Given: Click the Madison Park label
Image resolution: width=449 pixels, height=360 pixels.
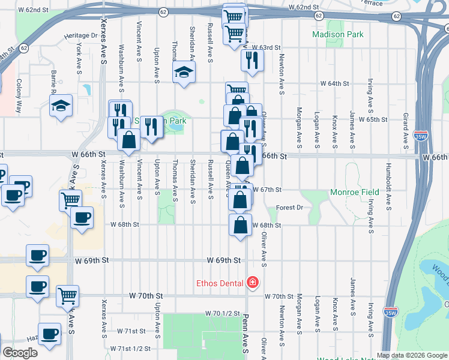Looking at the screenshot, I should [338, 34].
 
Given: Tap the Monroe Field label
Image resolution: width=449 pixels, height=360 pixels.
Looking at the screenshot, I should [355, 192].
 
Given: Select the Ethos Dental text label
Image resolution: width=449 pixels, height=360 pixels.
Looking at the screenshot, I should [218, 283].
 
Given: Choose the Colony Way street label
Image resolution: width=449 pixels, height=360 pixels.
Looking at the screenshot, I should [19, 96].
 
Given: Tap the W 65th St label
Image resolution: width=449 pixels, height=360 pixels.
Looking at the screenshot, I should [373, 119].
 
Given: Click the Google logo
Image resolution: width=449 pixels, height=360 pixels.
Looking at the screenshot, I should [20, 352].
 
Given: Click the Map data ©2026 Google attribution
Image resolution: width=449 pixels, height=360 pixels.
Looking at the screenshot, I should [411, 355].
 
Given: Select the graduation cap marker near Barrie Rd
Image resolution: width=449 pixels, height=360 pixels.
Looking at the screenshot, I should [61, 106].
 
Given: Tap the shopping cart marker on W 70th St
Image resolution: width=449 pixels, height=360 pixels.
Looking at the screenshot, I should [68, 295].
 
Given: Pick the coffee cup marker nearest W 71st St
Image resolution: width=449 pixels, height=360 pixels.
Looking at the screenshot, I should [49, 333].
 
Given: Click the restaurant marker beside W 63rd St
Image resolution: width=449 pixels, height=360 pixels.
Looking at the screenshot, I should [252, 59].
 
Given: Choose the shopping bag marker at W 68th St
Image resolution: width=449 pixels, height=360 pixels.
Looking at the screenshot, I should [240, 225].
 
